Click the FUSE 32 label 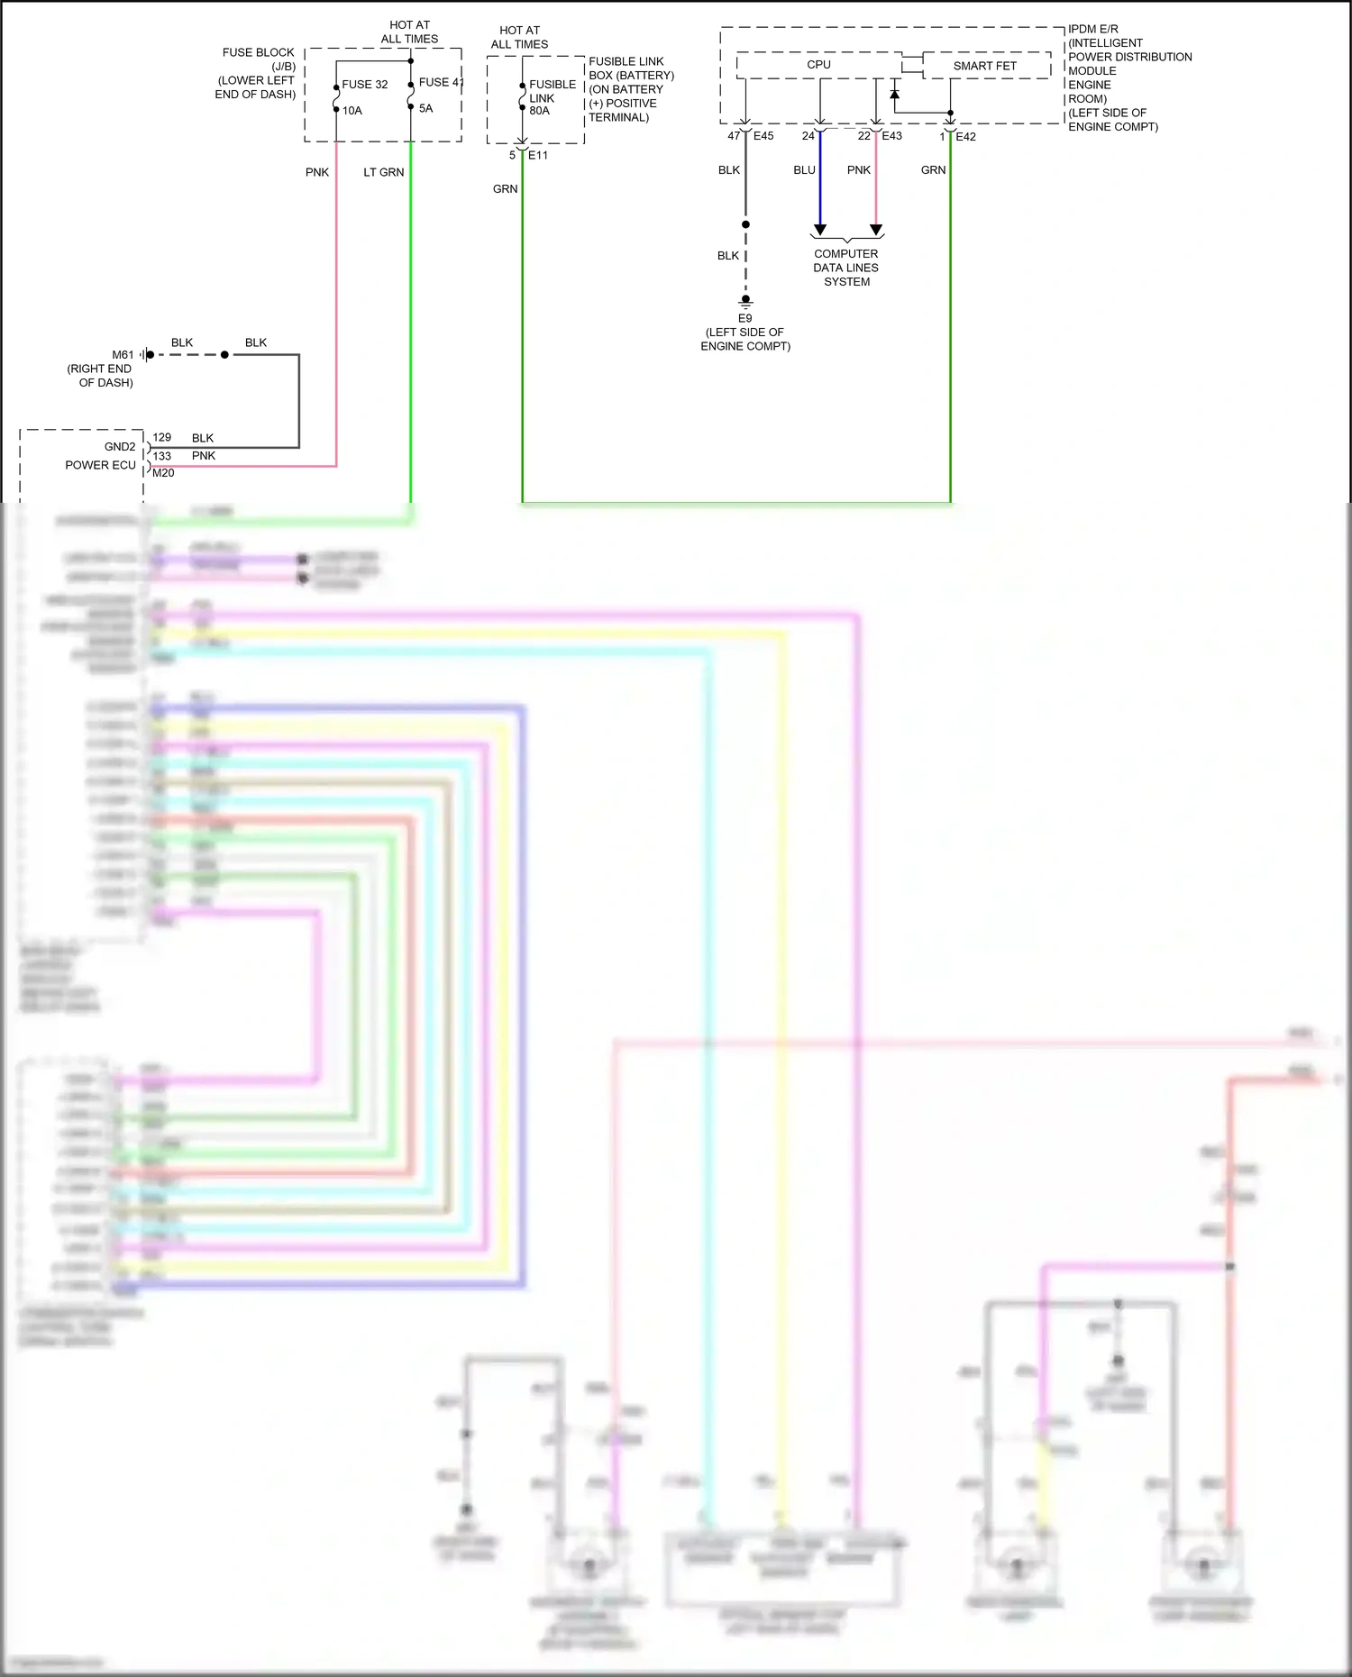(x=364, y=85)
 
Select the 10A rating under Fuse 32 (x=352, y=111)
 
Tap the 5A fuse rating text (x=425, y=108)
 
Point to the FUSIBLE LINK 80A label (x=552, y=97)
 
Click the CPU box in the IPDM (x=818, y=65)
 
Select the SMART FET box (x=984, y=66)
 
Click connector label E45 (x=763, y=136)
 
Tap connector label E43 (x=891, y=136)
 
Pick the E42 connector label (x=965, y=137)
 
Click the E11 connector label (x=537, y=155)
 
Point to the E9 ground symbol (x=745, y=301)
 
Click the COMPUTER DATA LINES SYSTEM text (x=845, y=268)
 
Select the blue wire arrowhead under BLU (x=820, y=230)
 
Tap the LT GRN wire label (x=383, y=172)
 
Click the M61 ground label (x=123, y=355)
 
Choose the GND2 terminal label (x=120, y=447)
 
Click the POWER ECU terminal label (x=100, y=465)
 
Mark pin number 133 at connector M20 (x=162, y=456)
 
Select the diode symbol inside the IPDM (x=894, y=93)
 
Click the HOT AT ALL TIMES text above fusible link (x=519, y=37)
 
